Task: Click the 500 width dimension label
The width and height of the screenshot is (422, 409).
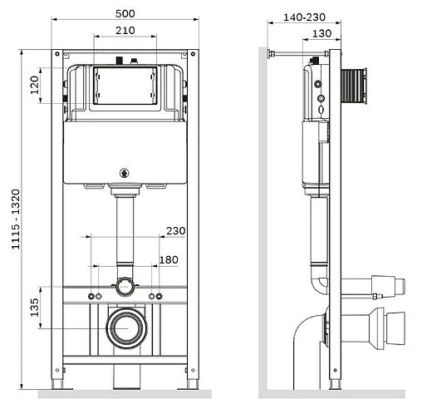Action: click(x=125, y=13)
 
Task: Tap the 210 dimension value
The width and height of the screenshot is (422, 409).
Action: click(x=125, y=31)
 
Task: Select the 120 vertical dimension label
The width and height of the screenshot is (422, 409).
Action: click(x=34, y=85)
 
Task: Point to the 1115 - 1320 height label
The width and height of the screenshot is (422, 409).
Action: click(x=16, y=219)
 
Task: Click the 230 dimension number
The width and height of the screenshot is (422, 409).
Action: click(x=176, y=231)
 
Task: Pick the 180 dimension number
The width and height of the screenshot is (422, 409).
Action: click(x=169, y=260)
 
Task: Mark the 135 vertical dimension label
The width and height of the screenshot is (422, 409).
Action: click(x=34, y=308)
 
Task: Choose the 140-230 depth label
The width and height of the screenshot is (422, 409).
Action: click(x=304, y=17)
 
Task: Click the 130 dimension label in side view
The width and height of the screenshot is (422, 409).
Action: click(x=321, y=33)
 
